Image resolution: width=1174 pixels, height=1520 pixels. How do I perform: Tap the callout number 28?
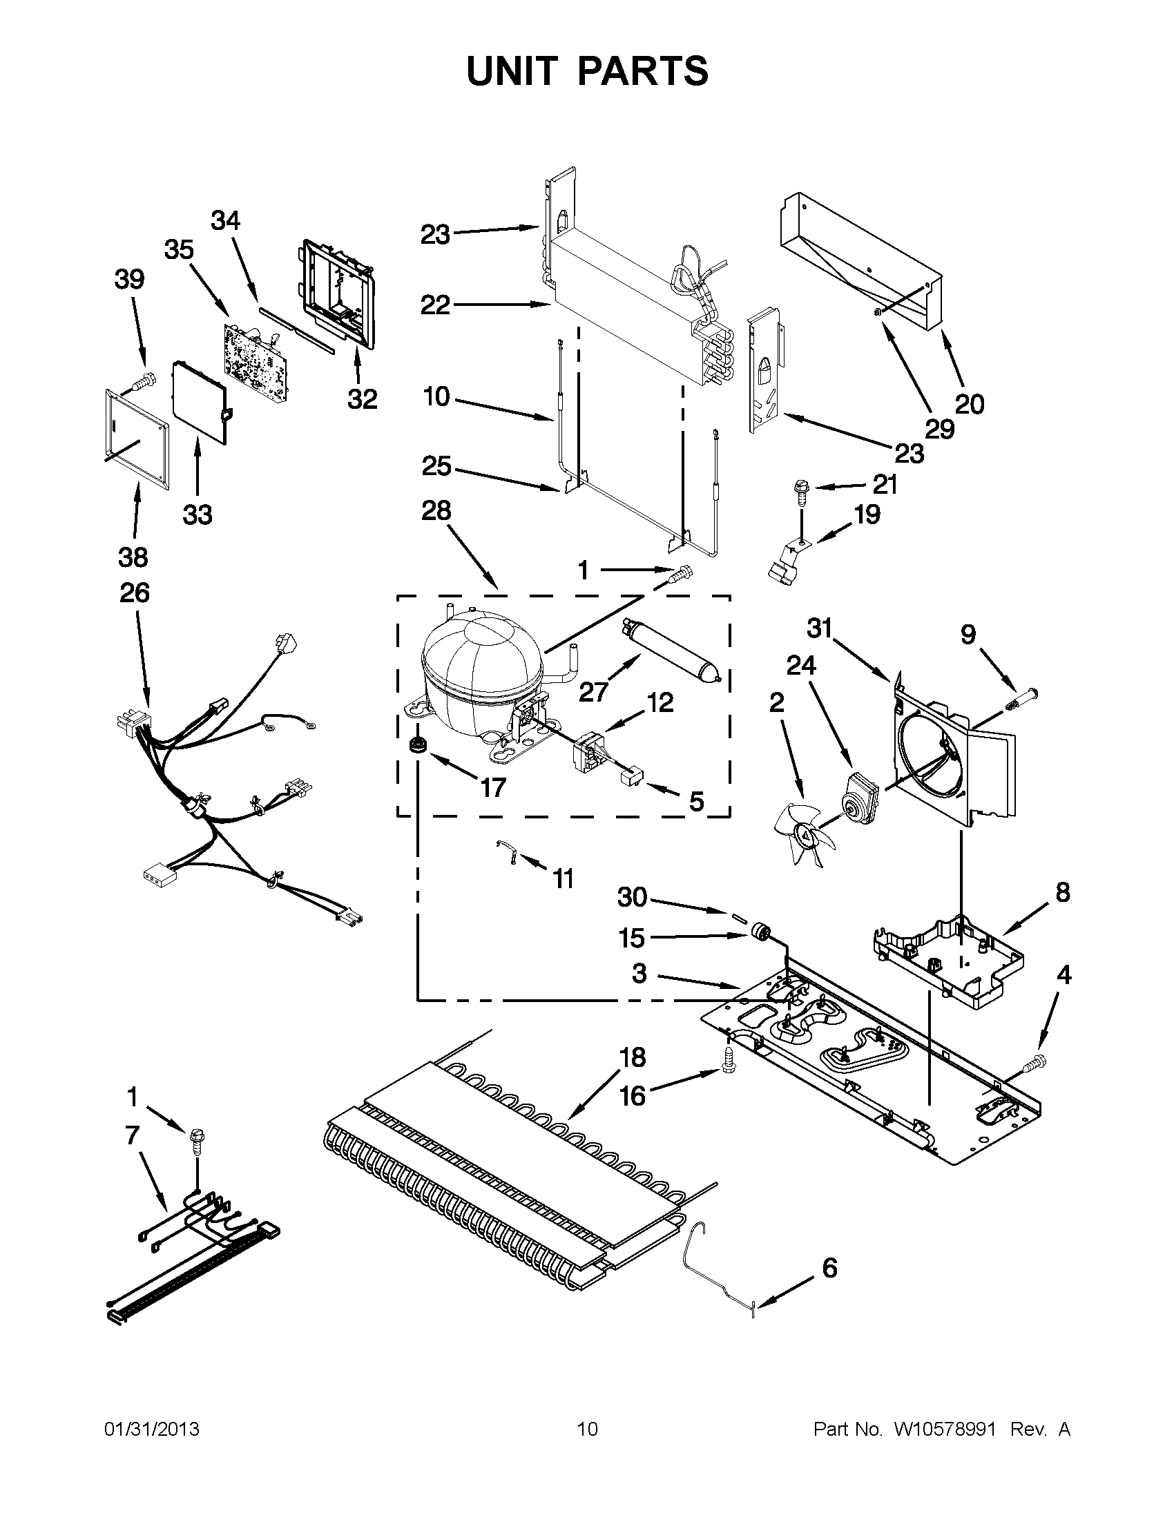(436, 512)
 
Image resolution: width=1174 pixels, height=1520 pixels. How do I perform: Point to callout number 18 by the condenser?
(633, 1057)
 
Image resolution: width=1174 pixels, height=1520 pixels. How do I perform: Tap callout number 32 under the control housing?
(362, 398)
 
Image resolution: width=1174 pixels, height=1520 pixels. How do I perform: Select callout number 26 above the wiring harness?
(134, 593)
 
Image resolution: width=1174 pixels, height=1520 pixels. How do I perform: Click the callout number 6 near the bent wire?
(829, 1268)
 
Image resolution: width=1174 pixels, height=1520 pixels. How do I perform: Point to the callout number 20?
(970, 404)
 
